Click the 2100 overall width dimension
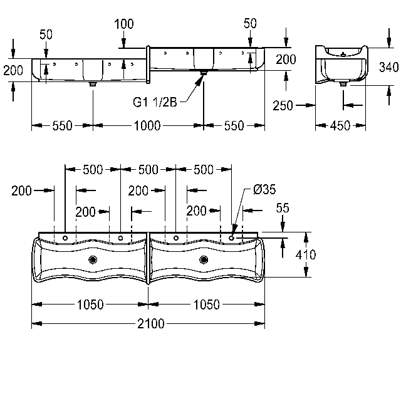[151, 324]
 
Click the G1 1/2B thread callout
[155, 102]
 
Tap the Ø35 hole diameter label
[264, 189]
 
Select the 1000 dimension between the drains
[147, 125]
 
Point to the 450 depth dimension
[340, 125]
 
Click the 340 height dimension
[388, 67]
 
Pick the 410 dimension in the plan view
[306, 255]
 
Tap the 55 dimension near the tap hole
[283, 208]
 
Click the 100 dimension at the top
[124, 24]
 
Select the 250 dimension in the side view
[283, 105]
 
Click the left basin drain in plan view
[93, 260]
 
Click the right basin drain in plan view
[204, 260]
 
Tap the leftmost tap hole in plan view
[65, 238]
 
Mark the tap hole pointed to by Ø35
[231, 238]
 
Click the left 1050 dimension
[90, 305]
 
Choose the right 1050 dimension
[207, 305]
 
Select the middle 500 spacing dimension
[148, 170]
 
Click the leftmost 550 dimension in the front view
[63, 125]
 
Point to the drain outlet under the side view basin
[343, 83]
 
